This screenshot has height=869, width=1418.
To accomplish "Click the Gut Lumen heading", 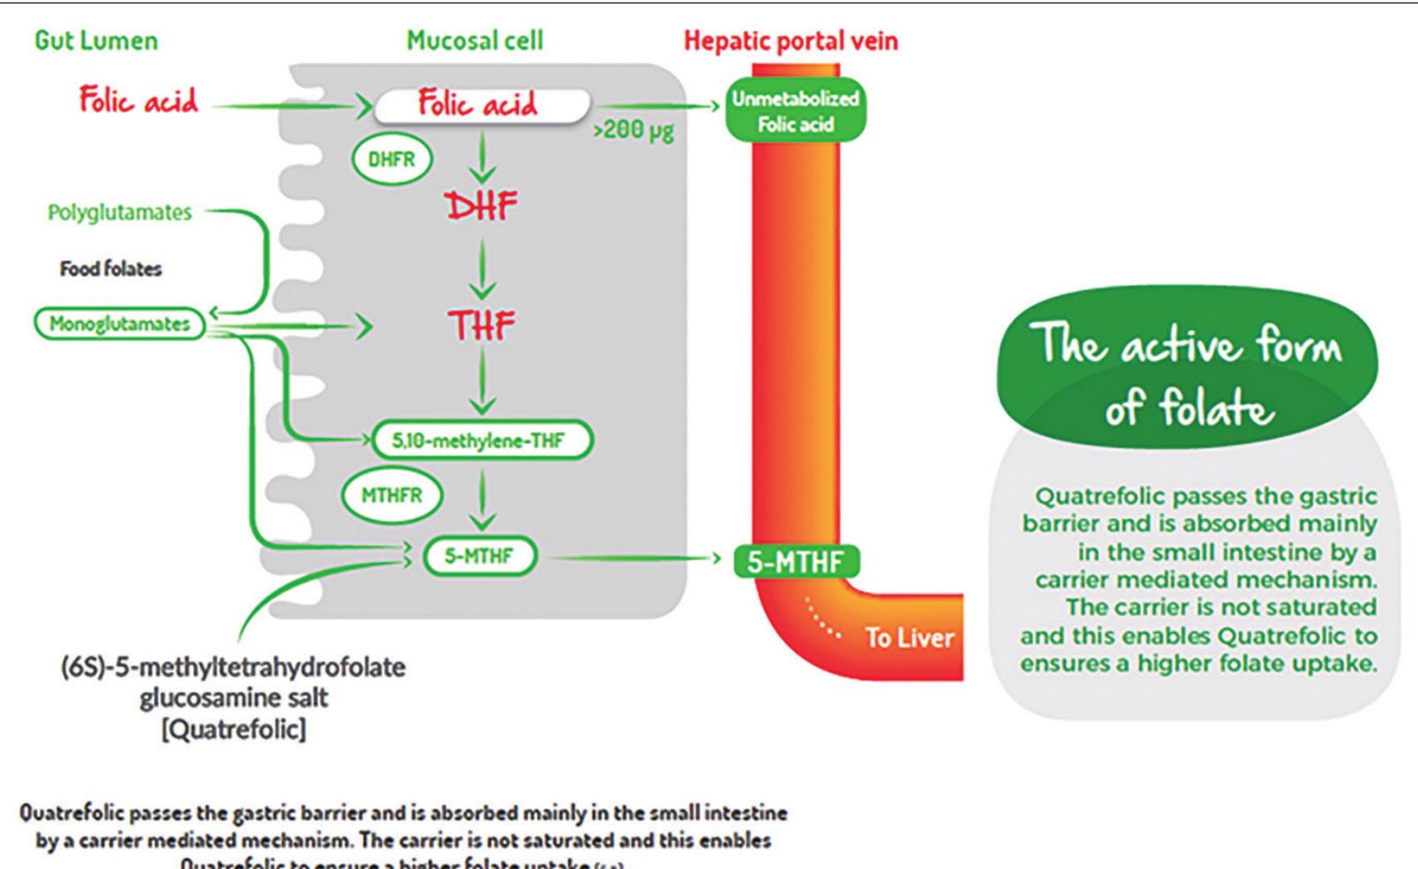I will pos(96,41).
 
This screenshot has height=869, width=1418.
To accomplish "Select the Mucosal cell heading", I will pos(474,41).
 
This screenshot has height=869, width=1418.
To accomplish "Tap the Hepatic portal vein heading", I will pos(791,41).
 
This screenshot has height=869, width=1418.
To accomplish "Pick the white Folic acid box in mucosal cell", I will pos(480,105).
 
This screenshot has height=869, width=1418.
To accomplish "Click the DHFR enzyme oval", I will pos(391,160).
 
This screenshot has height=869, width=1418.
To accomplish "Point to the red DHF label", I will pos(481,206).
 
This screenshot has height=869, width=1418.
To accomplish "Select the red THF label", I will pos(481,326).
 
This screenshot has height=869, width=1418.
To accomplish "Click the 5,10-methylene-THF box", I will pos(480,440).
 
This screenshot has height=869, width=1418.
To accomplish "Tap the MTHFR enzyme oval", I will pos(392,495).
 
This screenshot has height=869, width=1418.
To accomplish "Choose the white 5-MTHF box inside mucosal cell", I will pos(479,556).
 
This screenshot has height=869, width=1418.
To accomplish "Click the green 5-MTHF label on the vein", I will pos(795,561).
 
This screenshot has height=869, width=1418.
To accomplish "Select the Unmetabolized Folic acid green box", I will pos(794,111).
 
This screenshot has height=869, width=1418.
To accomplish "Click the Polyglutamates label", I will pos(120,212).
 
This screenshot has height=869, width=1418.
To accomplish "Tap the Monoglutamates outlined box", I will pos(119,323).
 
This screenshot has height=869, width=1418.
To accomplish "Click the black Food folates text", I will pos(111,269).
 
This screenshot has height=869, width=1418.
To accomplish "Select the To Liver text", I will pos(909,637).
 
